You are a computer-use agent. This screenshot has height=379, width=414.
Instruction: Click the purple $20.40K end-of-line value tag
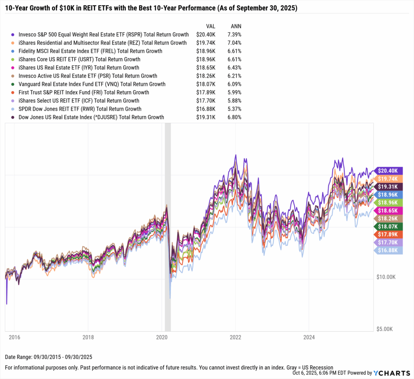pos(389,171)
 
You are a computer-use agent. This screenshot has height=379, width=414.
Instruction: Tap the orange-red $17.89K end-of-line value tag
pos(389,235)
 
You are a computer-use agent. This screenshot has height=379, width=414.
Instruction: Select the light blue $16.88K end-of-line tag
pos(389,251)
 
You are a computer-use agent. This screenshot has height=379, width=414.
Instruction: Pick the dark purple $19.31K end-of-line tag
pos(389,186)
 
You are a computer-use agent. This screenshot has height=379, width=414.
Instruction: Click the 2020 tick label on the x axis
pos(162,337)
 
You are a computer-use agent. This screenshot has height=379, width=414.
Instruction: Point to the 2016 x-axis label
pos(14,337)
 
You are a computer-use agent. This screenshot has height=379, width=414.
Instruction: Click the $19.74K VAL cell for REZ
pos(206,43)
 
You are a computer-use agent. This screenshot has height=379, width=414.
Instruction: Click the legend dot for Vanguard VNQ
pos(13,84)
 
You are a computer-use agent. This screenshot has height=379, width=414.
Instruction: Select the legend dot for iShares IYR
pos(13,68)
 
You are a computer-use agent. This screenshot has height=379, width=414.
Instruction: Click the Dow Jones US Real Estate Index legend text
pos(91,117)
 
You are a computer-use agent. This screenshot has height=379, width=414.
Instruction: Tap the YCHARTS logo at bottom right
pos(393,373)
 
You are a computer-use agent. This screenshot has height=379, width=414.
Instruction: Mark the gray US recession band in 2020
pos(168,226)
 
